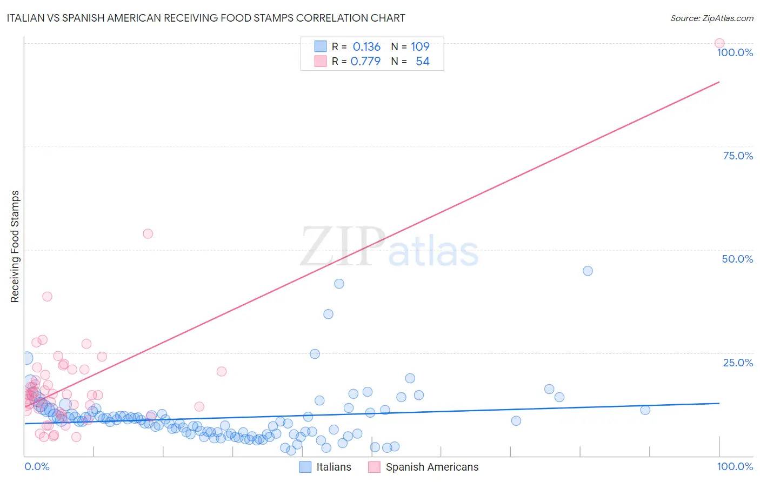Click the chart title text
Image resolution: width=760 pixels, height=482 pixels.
tap(206, 18)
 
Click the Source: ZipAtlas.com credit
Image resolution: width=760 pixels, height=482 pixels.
tap(711, 18)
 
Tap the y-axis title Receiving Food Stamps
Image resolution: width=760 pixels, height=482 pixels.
tap(15, 246)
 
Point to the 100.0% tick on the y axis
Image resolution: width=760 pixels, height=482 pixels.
tap(735, 52)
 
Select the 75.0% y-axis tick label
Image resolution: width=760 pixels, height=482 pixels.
tap(738, 156)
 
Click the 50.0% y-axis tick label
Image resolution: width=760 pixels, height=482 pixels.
tap(737, 259)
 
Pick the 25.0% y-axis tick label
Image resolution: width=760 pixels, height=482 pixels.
tap(738, 363)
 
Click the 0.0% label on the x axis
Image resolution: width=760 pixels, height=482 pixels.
tap(37, 466)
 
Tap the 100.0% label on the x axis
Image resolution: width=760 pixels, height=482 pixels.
tap(735, 466)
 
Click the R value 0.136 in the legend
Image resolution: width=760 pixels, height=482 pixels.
tap(366, 47)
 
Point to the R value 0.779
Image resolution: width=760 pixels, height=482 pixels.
tap(365, 62)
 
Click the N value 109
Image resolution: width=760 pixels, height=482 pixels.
tap(420, 47)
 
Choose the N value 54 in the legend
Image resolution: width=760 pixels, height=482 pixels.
tap(422, 62)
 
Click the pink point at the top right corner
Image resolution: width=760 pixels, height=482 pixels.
tap(719, 43)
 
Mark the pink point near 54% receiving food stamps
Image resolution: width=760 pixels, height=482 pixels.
tap(148, 233)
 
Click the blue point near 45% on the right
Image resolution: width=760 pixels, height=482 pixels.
tap(588, 271)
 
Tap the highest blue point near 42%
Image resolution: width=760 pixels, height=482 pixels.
tap(339, 284)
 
